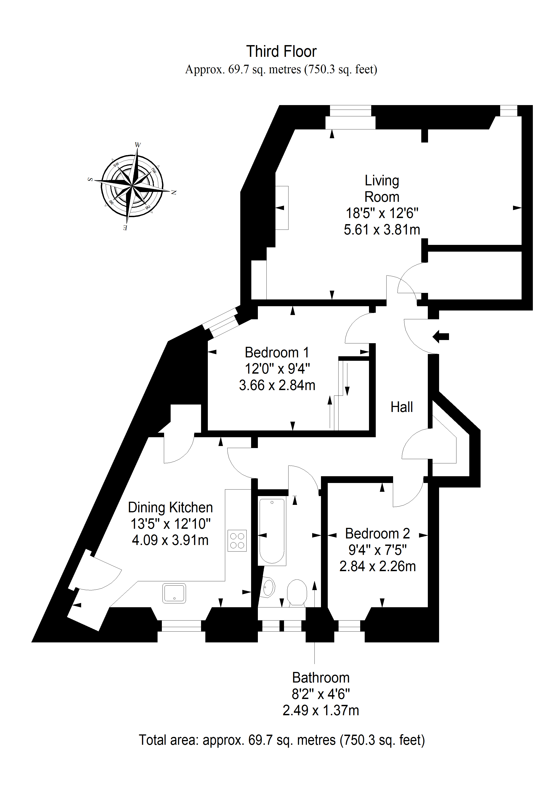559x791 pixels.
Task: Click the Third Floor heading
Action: click(281, 52)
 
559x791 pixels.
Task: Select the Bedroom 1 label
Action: click(277, 352)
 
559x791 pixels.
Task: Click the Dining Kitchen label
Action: click(170, 508)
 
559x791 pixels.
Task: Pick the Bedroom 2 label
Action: click(378, 534)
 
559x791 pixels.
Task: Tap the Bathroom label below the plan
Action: click(321, 678)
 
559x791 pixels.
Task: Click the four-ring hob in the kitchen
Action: click(237, 540)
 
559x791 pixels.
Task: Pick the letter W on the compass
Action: click(138, 145)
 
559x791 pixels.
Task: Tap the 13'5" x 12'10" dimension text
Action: click(170, 524)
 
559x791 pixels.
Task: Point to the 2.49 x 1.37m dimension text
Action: click(321, 710)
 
